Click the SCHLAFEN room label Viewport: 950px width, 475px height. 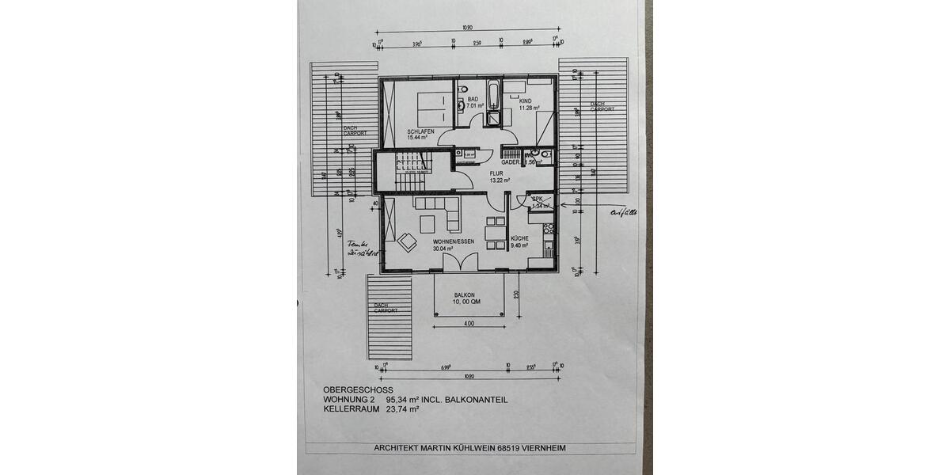click(x=420, y=131)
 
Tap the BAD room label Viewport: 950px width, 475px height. click(x=473, y=100)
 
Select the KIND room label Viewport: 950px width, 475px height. click(x=525, y=102)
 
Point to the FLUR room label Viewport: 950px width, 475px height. click(x=496, y=173)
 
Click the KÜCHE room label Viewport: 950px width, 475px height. click(x=519, y=238)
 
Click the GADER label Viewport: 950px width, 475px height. click(x=510, y=161)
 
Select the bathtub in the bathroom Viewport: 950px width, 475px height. click(x=493, y=96)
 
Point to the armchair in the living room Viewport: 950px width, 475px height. click(x=407, y=241)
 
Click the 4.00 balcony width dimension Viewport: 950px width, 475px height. click(x=469, y=323)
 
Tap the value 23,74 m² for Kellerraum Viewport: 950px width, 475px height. click(x=402, y=410)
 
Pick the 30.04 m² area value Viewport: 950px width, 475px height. click(x=443, y=248)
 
